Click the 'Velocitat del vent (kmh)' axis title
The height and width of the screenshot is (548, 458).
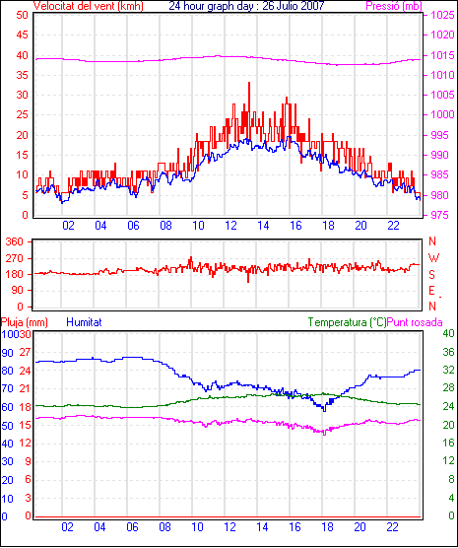click(88, 6)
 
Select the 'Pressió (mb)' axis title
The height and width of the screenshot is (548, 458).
click(394, 6)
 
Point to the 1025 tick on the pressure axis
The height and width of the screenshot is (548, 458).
click(442, 15)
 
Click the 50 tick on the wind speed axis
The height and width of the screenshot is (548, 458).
click(22, 15)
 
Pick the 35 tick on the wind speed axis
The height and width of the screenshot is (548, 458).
click(22, 75)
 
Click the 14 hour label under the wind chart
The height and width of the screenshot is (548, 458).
click(263, 226)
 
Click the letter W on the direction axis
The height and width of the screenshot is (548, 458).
click(433, 258)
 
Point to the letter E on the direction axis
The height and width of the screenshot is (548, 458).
click(432, 291)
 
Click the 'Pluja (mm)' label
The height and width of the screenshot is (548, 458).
click(24, 322)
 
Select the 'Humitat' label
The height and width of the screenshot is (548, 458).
click(84, 322)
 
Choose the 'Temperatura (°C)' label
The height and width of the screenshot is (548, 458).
click(348, 322)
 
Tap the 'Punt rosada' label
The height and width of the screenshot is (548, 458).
click(415, 322)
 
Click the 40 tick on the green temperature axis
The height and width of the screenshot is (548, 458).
click(448, 333)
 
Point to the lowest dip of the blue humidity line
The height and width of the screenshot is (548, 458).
click(325, 411)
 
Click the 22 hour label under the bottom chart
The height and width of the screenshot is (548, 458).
click(392, 527)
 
